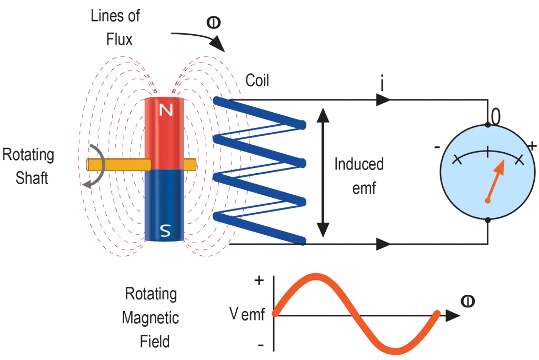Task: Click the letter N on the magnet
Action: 166,110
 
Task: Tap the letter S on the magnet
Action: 165,230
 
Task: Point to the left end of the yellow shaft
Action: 88,165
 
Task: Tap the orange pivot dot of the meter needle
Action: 488,201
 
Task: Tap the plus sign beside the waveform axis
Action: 258,281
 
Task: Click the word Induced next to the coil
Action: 360,166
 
